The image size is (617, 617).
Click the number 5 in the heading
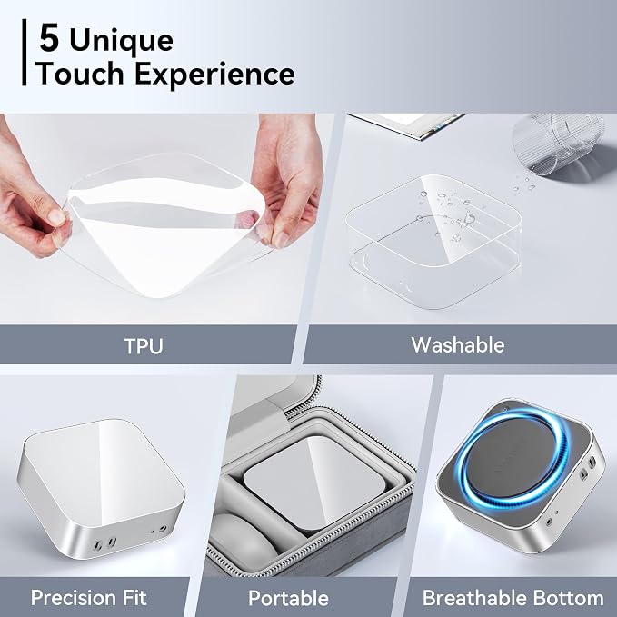50,38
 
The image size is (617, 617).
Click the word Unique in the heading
121,40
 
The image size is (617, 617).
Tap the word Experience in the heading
214,74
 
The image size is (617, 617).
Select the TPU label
144,346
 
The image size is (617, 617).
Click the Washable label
458,344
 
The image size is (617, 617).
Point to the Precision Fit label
89,598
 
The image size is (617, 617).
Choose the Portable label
288,598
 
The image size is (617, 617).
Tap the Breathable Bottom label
513,598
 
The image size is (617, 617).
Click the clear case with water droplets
433,241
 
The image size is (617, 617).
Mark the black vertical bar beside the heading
25,52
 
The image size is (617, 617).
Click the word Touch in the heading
80,74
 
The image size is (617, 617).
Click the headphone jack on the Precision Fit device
163,529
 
